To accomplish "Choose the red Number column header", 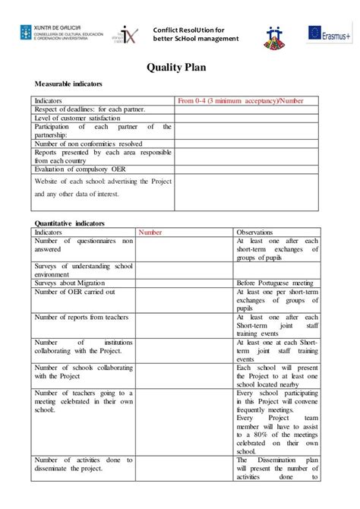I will [150, 232].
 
